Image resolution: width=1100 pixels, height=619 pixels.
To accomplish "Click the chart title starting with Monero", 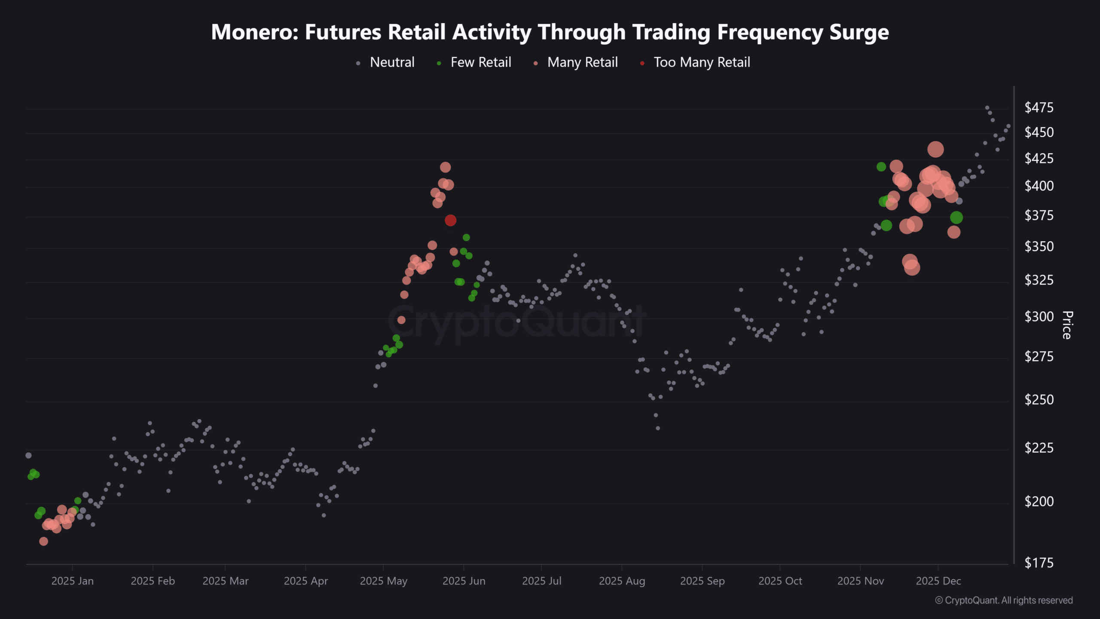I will coord(550,32).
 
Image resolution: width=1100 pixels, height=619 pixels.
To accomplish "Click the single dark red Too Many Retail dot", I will coord(450,221).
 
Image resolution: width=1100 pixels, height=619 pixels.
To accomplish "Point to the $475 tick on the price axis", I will coord(1039,107).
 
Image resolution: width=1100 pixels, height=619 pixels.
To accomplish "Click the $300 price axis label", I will coord(1039,317).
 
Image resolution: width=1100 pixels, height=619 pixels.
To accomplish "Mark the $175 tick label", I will coord(1039,563).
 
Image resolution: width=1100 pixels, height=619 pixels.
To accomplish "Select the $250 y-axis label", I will coord(1039,400).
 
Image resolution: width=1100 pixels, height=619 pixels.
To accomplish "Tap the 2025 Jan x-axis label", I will coord(72,581).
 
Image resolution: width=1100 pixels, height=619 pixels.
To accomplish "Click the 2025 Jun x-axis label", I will coord(464,581).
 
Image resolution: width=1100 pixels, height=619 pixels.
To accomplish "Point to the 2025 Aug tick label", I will coord(622,581).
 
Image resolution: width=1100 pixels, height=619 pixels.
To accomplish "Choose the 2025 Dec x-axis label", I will coord(938,581).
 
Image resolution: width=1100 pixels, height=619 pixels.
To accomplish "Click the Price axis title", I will coord(1067,325).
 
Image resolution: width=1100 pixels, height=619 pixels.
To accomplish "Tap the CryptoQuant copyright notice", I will coord(1004,601).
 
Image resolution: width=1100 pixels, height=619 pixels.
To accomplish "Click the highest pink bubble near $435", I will coord(935,150).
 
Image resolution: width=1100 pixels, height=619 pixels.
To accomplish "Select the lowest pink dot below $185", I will coord(43,541).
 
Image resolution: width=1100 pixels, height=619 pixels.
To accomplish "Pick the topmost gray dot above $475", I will coord(987,108).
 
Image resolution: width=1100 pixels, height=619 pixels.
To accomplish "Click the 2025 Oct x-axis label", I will coord(780,581).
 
